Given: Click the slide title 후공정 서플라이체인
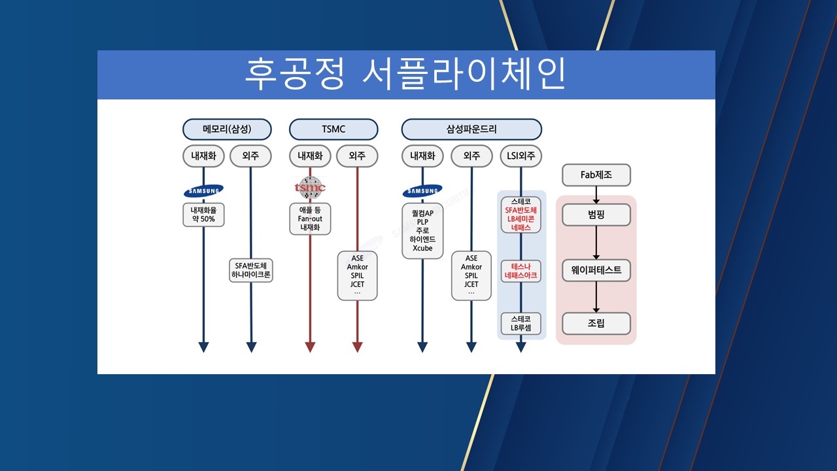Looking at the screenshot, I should coord(405,75).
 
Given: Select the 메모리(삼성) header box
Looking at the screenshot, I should coord(227,129).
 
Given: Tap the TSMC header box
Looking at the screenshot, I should coord(333,129).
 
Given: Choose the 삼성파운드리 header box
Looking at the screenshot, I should coord(471,129).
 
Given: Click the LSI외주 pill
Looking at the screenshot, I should coord(521,156).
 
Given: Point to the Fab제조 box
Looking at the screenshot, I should coord(596,175).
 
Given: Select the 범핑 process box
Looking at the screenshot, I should coord(596,215).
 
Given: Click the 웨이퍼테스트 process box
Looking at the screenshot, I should coord(596,270).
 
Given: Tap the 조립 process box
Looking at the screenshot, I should coord(596,323).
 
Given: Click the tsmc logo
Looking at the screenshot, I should coord(310,188).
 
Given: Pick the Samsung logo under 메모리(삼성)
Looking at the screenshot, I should coord(203,191).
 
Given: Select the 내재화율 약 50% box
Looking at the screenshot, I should coord(203,215).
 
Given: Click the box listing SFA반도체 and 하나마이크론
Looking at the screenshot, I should coord(251,270).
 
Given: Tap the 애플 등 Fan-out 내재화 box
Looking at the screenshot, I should coord(310,218).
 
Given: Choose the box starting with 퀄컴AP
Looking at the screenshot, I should coord(422,230).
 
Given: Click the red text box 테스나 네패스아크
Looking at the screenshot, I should coord(521,271).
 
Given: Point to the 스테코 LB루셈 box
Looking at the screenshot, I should coord(521,323).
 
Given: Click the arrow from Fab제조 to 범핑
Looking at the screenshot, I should coord(596,194).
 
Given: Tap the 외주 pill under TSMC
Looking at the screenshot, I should coord(357,156).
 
